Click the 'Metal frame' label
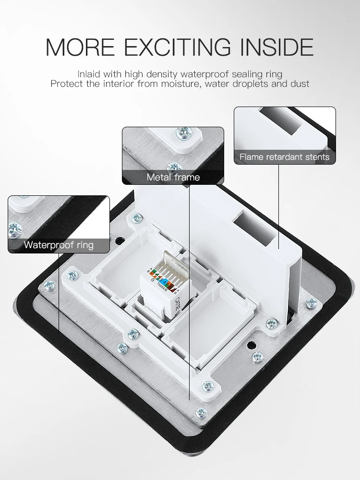coord(173,177)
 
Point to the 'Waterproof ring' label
coord(59,245)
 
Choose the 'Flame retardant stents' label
coord(284,157)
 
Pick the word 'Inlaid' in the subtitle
coord(89,74)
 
